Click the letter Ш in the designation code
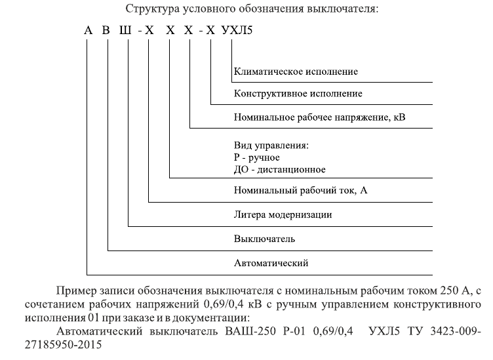(125, 30)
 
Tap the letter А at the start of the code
(89, 30)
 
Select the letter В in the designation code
(106, 30)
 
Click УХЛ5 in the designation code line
(237, 30)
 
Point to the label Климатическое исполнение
(296, 71)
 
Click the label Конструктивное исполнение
(298, 93)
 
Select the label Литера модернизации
(283, 214)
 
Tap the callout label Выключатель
(264, 239)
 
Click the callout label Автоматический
(271, 263)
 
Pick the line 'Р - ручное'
(257, 157)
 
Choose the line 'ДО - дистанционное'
(280, 169)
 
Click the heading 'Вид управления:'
(271, 146)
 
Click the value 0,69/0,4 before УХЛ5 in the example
(333, 331)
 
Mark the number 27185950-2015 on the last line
(63, 345)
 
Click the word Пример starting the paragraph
(77, 291)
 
